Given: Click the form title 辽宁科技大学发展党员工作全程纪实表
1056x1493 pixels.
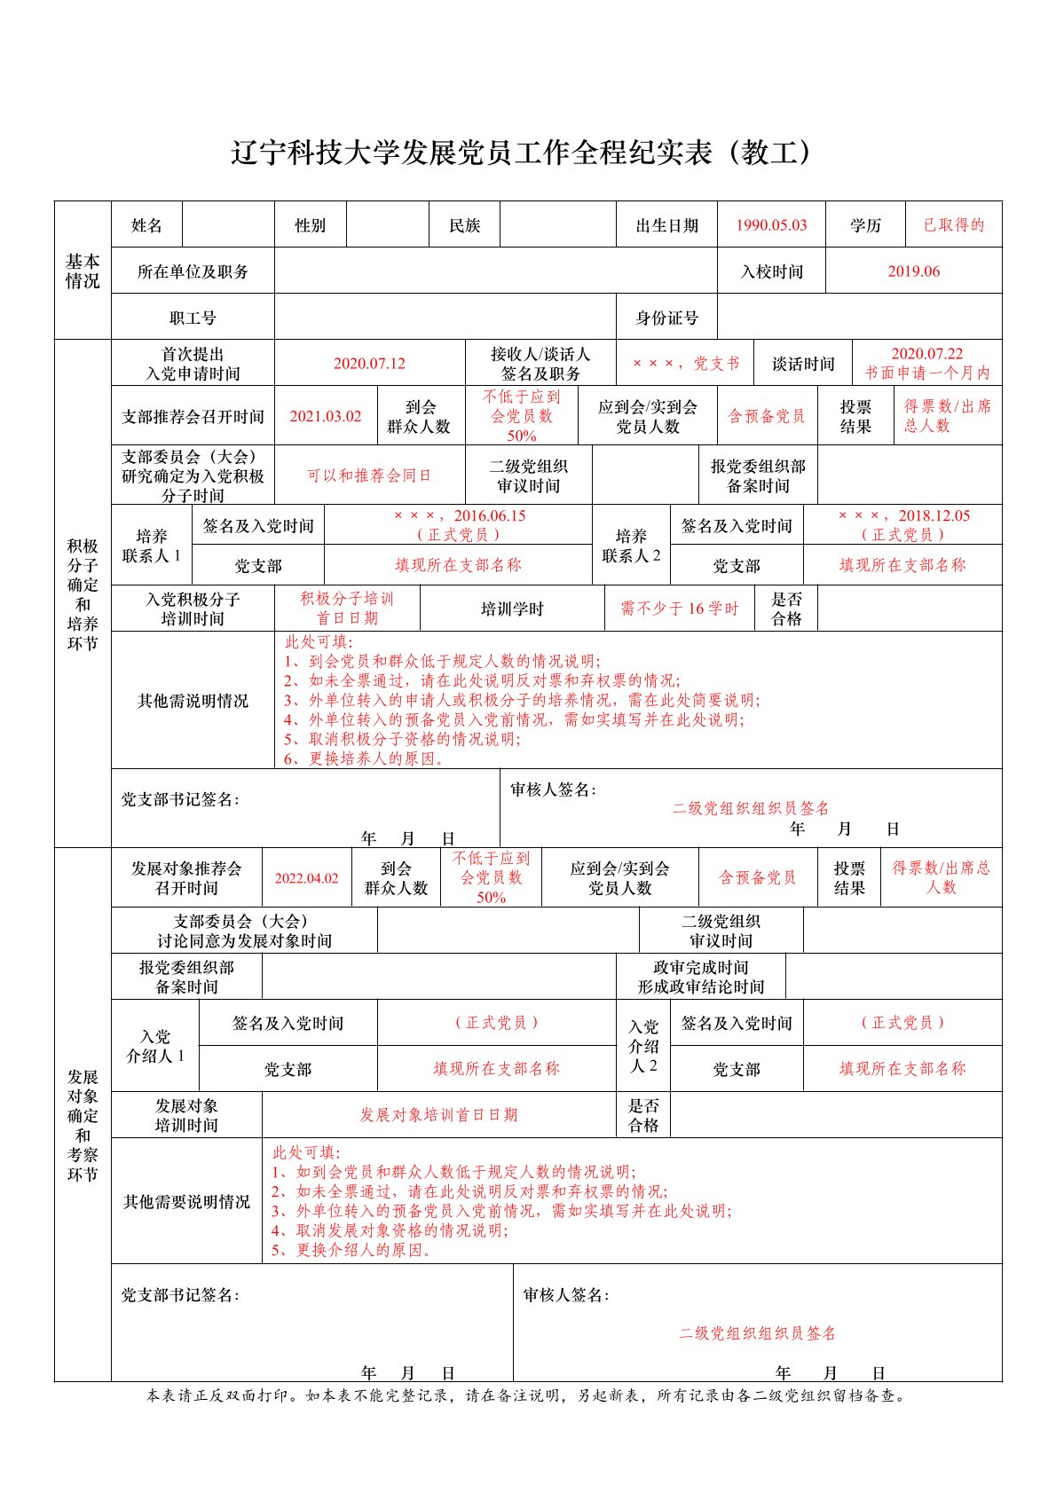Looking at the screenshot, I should click(x=522, y=153).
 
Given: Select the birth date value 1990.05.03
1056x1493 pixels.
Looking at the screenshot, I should click(x=771, y=225).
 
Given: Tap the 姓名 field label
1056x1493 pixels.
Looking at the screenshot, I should click(x=146, y=225).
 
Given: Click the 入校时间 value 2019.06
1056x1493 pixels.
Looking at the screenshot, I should click(x=913, y=271).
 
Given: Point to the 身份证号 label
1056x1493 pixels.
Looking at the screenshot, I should click(x=666, y=318).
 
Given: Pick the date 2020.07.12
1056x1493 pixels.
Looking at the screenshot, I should click(x=369, y=364).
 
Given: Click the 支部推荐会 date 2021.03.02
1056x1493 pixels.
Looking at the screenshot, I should click(x=326, y=416).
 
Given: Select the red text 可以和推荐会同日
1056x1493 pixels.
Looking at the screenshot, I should click(x=369, y=475).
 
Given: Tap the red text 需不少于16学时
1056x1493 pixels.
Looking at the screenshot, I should click(x=679, y=609).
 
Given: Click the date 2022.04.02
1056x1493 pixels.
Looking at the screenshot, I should click(x=306, y=878).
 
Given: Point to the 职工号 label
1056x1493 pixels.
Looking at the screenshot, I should click(x=193, y=318).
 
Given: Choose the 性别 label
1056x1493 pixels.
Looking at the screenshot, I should click(x=310, y=225).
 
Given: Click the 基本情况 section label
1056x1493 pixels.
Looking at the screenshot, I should click(x=83, y=271).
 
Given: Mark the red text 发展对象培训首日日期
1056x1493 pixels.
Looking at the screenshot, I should click(x=438, y=1115).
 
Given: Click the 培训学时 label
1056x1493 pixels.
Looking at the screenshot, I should click(x=512, y=609).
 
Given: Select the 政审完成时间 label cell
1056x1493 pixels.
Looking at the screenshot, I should click(x=700, y=977).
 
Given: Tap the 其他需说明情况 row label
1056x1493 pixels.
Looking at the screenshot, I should click(x=193, y=701).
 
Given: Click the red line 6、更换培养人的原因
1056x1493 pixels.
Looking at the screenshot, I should click(x=364, y=758).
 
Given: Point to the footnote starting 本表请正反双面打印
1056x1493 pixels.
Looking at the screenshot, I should click(x=527, y=1395).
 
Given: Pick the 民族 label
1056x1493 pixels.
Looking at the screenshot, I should click(x=464, y=225).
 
